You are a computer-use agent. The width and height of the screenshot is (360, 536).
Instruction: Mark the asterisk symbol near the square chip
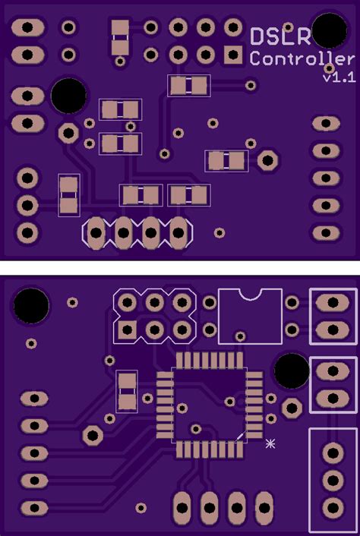pyautogui.click(x=270, y=443)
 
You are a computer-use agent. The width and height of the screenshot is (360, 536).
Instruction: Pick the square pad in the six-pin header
pyautogui.click(x=127, y=329)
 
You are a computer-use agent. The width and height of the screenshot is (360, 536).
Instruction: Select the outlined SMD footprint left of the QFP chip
pyautogui.click(x=127, y=391)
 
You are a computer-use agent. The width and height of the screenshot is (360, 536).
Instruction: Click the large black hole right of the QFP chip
pyautogui.click(x=291, y=370)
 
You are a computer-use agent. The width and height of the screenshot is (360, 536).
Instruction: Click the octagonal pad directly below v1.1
pyautogui.click(x=267, y=160)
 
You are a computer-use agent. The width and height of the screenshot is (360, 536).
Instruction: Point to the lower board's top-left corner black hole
pyautogui.click(x=31, y=305)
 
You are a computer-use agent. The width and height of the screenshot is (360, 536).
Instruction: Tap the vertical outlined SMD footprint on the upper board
pyautogui.click(x=69, y=194)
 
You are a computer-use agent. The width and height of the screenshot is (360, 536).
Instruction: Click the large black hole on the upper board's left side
pyautogui.click(x=68, y=96)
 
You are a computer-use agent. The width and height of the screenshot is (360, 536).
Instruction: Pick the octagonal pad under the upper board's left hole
pyautogui.click(x=69, y=133)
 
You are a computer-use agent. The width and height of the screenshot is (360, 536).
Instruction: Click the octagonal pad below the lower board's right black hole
pyautogui.click(x=291, y=408)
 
